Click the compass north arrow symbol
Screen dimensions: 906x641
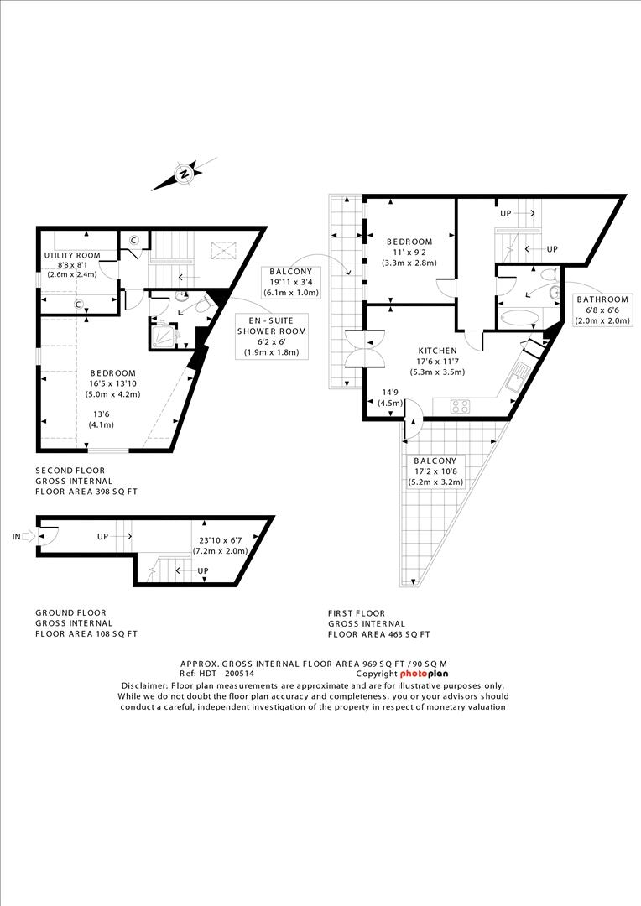[x=183, y=174]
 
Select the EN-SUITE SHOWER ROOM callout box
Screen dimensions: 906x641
[x=271, y=336]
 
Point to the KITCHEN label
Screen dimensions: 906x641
[x=437, y=351]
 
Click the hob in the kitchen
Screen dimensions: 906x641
[x=461, y=406]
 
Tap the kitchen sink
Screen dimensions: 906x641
[x=514, y=379]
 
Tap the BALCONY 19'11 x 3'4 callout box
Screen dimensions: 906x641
[x=290, y=282]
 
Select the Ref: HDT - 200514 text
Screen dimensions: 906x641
[x=216, y=674]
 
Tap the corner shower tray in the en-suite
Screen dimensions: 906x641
[x=164, y=336]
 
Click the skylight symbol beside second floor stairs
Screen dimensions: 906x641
[x=224, y=249]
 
